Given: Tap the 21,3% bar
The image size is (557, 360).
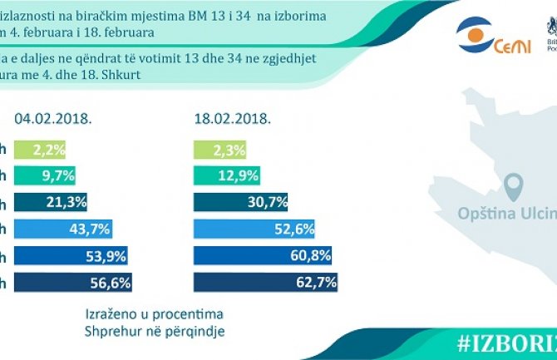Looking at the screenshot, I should tap(52, 202).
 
